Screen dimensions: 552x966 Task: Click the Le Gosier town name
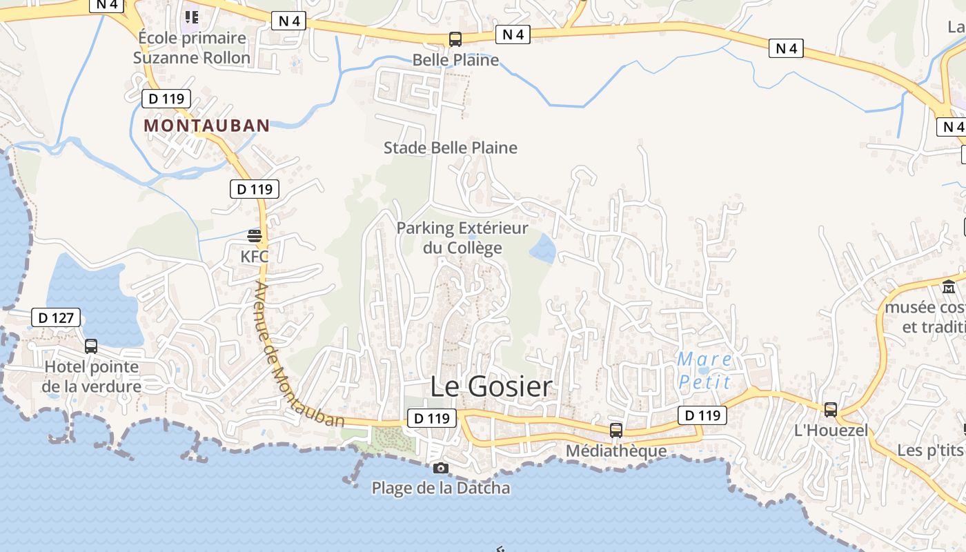(x=491, y=386)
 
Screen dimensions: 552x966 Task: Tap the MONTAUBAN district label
(x=206, y=126)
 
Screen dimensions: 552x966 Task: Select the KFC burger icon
(x=255, y=236)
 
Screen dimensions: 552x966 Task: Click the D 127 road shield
(x=56, y=318)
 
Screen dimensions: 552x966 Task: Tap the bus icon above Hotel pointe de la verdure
(x=90, y=346)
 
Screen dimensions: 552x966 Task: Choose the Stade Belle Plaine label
(x=450, y=148)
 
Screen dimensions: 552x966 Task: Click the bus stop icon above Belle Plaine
(x=455, y=39)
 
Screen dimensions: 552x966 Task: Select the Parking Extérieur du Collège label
(x=462, y=237)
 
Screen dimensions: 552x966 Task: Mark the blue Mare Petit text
(x=704, y=371)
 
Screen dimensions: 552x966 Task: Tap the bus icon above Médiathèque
(x=616, y=431)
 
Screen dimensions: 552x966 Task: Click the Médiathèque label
(x=616, y=451)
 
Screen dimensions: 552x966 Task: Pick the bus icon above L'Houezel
(x=831, y=410)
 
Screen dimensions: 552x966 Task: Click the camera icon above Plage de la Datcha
(x=440, y=469)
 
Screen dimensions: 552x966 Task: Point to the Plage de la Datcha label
(x=441, y=489)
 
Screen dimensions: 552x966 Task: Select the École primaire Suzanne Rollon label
(x=192, y=48)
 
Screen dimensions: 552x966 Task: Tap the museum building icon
(x=949, y=286)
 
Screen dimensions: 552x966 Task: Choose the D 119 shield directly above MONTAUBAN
(x=166, y=99)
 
